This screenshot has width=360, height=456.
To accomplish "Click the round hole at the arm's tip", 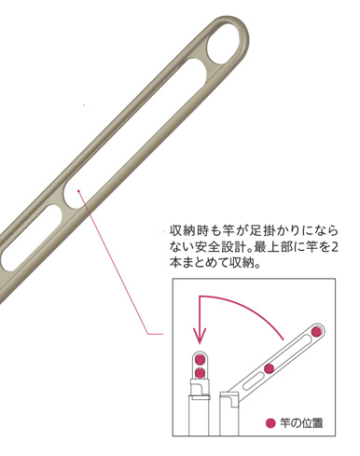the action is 224,44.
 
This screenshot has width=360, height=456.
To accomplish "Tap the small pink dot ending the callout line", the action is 79,191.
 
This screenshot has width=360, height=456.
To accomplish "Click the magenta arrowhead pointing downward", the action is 200,337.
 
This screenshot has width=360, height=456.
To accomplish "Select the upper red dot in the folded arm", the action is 200,360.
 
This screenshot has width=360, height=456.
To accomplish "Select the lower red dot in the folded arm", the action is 200,372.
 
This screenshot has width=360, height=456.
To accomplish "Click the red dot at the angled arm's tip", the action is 316,331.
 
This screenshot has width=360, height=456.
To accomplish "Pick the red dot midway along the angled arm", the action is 270,368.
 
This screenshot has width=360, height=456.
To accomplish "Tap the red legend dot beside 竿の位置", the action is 270,423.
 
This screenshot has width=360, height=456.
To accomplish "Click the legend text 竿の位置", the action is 301,423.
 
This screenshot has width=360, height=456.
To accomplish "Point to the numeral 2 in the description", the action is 334,247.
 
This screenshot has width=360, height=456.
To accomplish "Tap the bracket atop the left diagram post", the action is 201,388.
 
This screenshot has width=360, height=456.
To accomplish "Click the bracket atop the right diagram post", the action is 230,398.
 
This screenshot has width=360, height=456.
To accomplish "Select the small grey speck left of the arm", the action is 84,105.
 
